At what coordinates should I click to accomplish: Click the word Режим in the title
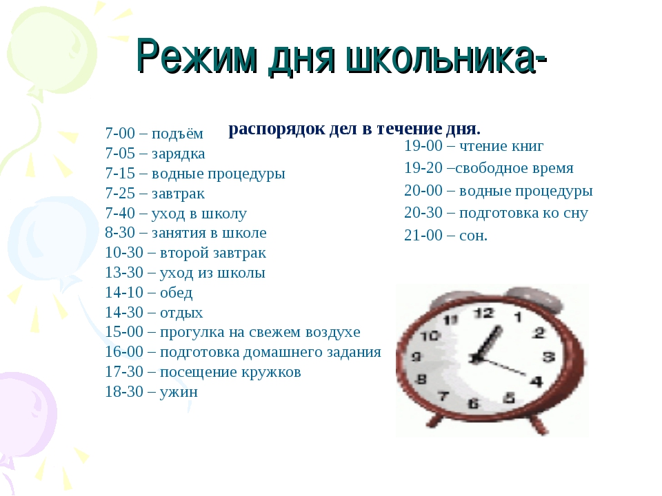(x=196, y=57)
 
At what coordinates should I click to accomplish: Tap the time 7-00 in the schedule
(x=120, y=133)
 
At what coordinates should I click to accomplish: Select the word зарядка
(x=178, y=154)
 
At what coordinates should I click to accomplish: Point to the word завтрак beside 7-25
(x=178, y=194)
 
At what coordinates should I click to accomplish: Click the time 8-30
(x=120, y=232)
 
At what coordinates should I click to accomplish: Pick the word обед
(x=176, y=292)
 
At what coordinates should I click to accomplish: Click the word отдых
(x=181, y=313)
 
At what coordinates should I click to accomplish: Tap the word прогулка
(x=192, y=333)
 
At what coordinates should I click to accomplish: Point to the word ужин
(x=179, y=392)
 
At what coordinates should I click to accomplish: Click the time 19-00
(x=423, y=146)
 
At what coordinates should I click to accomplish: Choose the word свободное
(x=488, y=168)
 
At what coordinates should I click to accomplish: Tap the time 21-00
(x=423, y=235)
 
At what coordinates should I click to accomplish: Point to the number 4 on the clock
(x=536, y=382)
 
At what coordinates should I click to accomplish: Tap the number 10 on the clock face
(x=430, y=336)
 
